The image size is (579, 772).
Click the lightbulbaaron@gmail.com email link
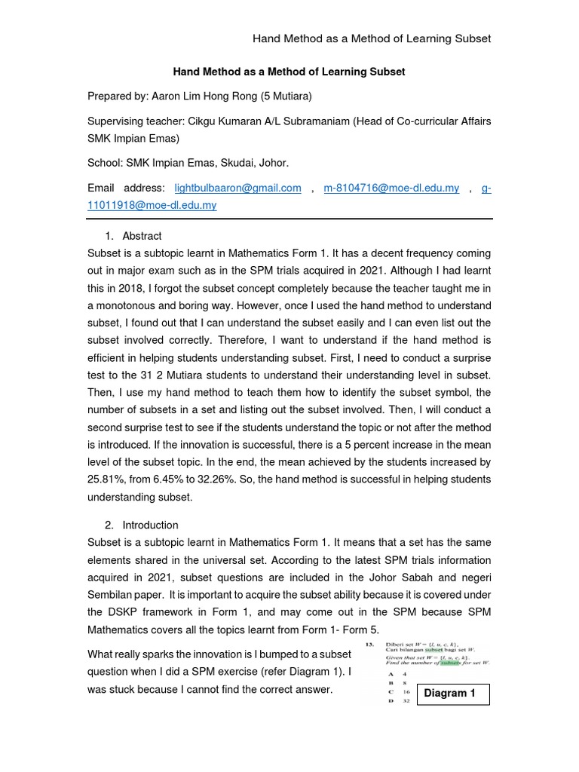tap(237, 188)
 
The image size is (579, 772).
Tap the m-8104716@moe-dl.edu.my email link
tap(391, 188)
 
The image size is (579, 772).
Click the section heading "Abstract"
tap(142, 236)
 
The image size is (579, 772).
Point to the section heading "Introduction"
tap(150, 525)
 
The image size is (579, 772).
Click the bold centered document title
tap(289, 72)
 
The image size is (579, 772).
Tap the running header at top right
tap(372, 38)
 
